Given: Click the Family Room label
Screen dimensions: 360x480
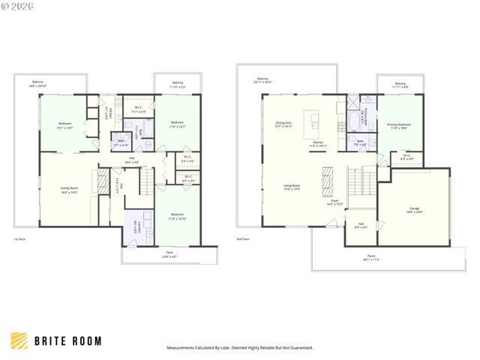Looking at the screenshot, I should [69, 190].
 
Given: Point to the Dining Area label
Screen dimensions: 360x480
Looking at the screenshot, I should [283, 124].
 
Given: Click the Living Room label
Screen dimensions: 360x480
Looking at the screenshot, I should [292, 187].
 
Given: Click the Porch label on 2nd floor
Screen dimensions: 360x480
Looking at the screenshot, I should [370, 258].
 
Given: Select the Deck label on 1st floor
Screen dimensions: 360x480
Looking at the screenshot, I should [169, 253].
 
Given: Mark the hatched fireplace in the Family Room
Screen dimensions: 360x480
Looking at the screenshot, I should [103, 181].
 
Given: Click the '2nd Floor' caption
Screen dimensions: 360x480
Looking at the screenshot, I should [243, 239].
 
